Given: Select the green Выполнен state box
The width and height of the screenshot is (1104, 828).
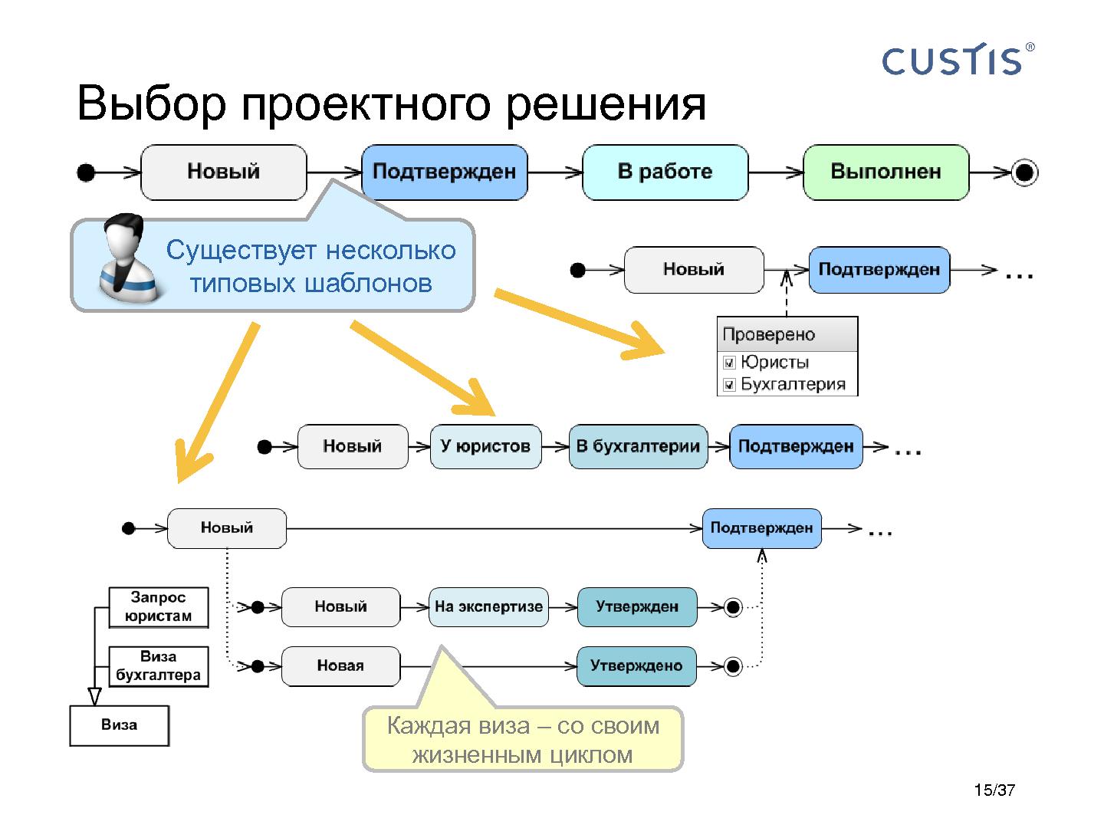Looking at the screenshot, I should click(886, 172).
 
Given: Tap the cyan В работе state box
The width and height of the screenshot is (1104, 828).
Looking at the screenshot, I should click(665, 172).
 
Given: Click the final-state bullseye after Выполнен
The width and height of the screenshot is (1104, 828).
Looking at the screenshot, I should click(1024, 172).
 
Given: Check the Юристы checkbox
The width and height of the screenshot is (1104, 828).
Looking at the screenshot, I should click(730, 363).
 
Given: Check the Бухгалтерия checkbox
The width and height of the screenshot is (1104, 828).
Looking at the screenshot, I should click(730, 385).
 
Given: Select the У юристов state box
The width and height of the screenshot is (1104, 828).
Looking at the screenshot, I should click(485, 446).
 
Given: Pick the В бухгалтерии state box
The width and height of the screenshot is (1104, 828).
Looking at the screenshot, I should click(638, 446).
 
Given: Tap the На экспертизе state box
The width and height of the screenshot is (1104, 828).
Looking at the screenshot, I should click(488, 606).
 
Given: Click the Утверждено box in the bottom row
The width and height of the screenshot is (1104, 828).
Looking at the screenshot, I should click(636, 665).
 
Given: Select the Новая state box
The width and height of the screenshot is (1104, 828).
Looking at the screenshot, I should click(340, 665).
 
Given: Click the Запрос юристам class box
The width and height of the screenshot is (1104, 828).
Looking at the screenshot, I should click(159, 607).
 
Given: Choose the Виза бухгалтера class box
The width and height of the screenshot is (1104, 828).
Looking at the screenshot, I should click(159, 666).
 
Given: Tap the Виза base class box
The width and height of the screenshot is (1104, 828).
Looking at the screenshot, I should click(119, 725).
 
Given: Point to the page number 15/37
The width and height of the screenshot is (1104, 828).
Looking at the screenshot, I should click(994, 790).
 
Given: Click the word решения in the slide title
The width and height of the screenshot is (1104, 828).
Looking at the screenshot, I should click(606, 104).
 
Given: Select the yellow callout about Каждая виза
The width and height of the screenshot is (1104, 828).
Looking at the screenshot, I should click(522, 739).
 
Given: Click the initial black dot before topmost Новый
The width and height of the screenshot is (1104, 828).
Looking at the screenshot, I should click(86, 172).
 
